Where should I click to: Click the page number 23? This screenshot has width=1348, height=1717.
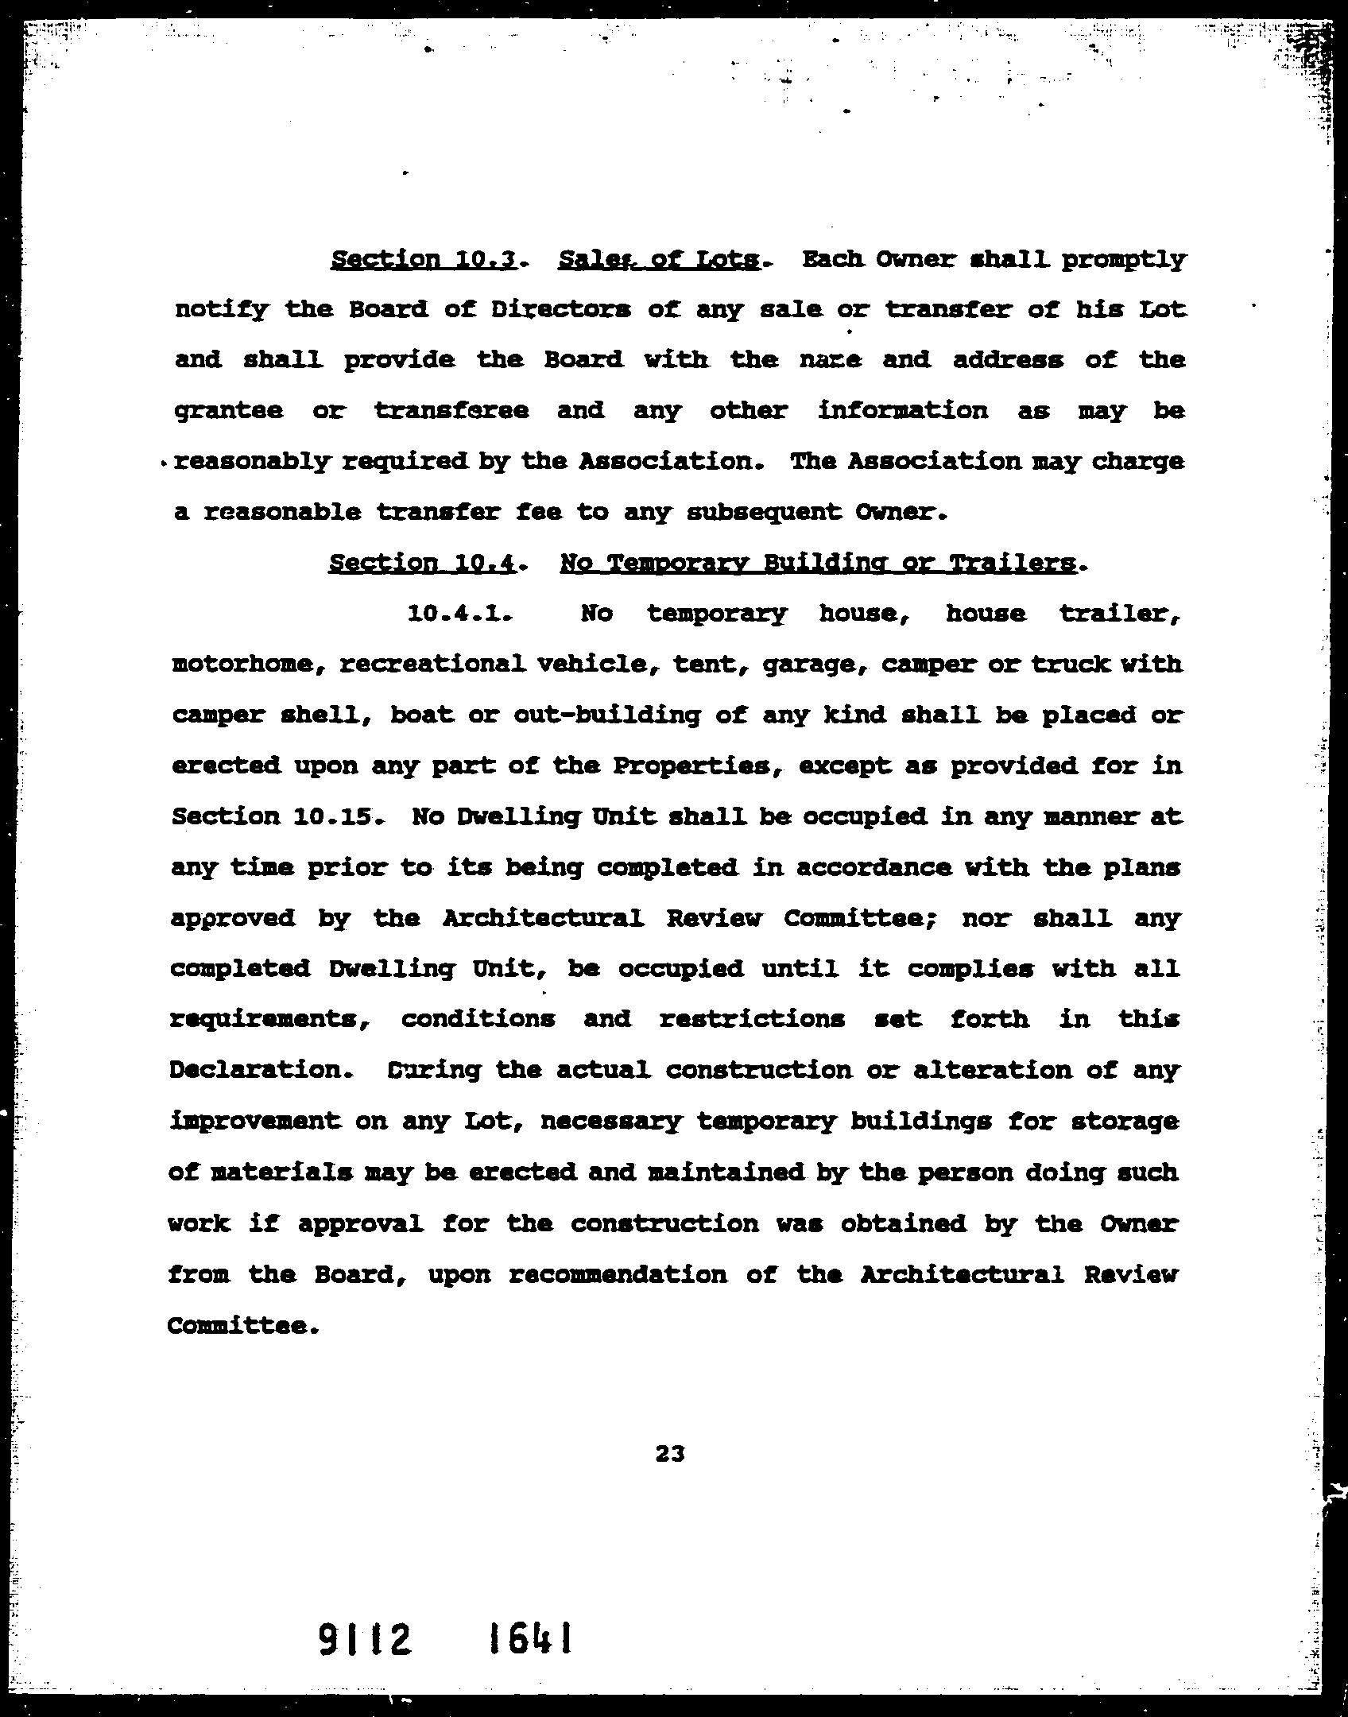point(670,1454)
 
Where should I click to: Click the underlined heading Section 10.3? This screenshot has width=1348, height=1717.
point(424,260)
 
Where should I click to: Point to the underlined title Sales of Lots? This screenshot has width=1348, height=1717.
point(659,260)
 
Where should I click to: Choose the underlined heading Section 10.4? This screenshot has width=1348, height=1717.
point(423,564)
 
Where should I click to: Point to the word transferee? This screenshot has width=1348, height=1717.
point(451,411)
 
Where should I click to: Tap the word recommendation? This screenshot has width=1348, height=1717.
point(617,1274)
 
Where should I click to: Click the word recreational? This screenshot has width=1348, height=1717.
point(432,665)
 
